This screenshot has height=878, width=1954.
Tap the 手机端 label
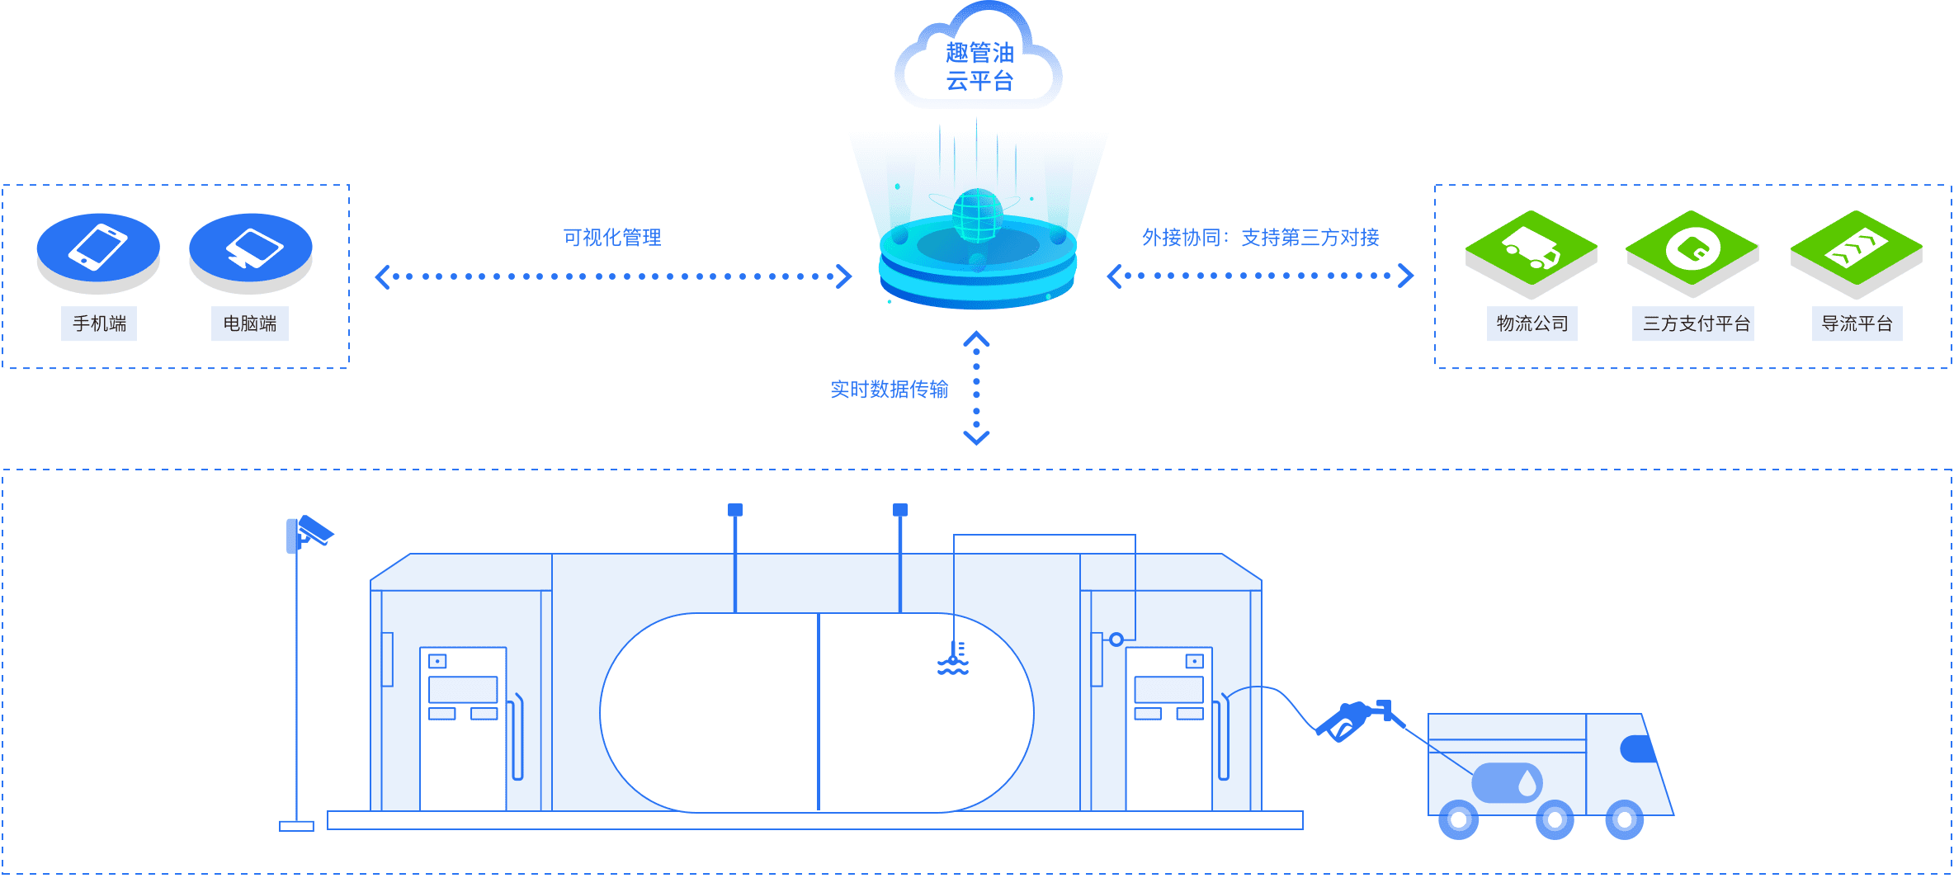coord(99,323)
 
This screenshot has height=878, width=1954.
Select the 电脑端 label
coord(250,323)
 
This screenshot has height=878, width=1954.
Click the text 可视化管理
coord(612,238)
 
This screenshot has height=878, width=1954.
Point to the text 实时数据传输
coord(889,389)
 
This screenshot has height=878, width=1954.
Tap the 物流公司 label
coord(1532,323)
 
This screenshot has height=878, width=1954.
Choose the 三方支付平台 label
coord(1693,323)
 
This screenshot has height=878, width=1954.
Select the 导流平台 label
coord(1857,323)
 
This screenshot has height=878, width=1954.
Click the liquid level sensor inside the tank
coord(954,659)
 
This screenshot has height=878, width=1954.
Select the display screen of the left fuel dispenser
coord(463,689)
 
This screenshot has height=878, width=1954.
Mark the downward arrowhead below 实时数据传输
coord(977,437)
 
